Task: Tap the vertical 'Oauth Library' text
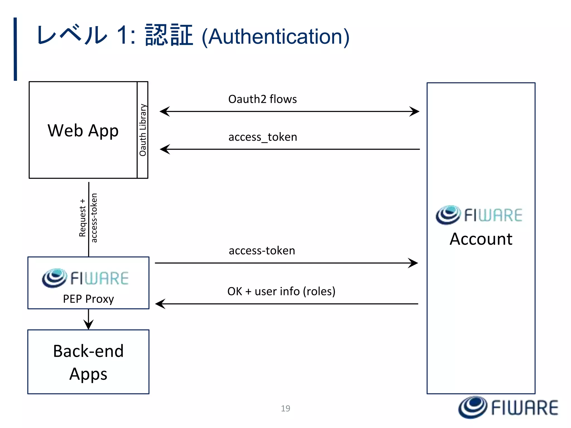pyautogui.click(x=143, y=130)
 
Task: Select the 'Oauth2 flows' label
pyautogui.click(x=262, y=99)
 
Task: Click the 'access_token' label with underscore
pyautogui.click(x=263, y=137)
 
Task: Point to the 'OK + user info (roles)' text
pyautogui.click(x=281, y=291)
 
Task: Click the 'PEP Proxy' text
pyautogui.click(x=88, y=299)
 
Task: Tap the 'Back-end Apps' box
pyautogui.click(x=88, y=362)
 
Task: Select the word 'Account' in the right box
pyautogui.click(x=481, y=239)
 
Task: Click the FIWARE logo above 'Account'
pyautogui.click(x=479, y=215)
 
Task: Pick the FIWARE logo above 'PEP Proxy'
pyautogui.click(x=85, y=278)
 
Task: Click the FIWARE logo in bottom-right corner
pyautogui.click(x=508, y=408)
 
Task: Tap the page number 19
pyautogui.click(x=285, y=408)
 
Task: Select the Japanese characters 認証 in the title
pyautogui.click(x=169, y=35)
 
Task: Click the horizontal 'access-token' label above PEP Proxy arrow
pyautogui.click(x=262, y=251)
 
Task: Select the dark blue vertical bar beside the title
pyautogui.click(x=15, y=49)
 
